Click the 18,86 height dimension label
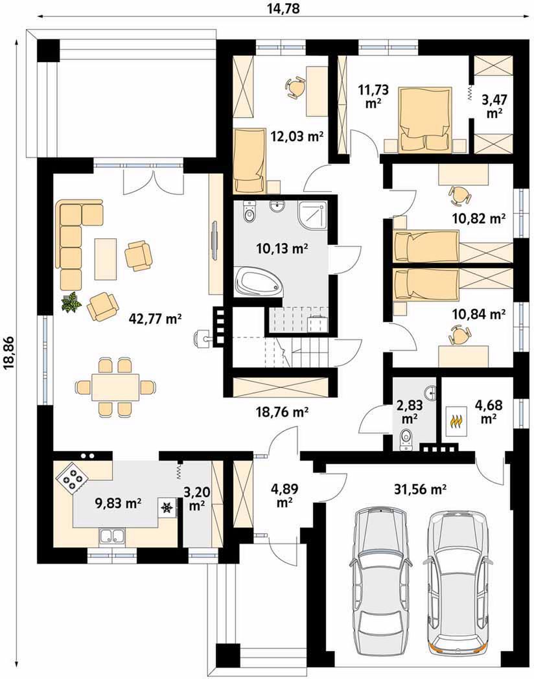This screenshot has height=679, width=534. [8, 353]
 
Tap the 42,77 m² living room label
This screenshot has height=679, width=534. [155, 319]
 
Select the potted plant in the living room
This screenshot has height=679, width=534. [71, 301]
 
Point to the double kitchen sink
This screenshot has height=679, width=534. [113, 536]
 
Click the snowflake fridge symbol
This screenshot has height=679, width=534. [167, 507]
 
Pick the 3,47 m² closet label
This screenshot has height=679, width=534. [494, 106]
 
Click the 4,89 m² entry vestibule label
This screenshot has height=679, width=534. [284, 496]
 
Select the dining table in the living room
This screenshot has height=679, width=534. [115, 387]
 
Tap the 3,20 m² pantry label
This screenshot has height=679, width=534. [196, 499]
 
